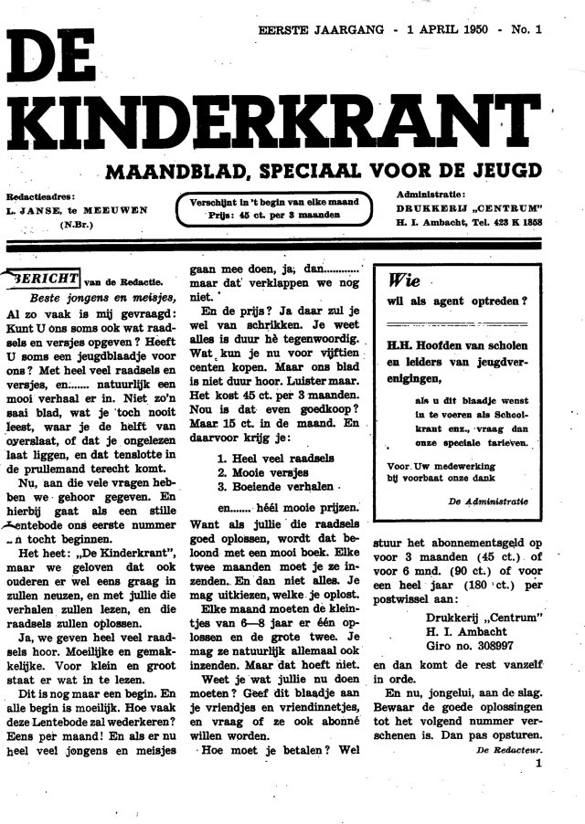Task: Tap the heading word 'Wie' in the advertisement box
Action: [x=404, y=280]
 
